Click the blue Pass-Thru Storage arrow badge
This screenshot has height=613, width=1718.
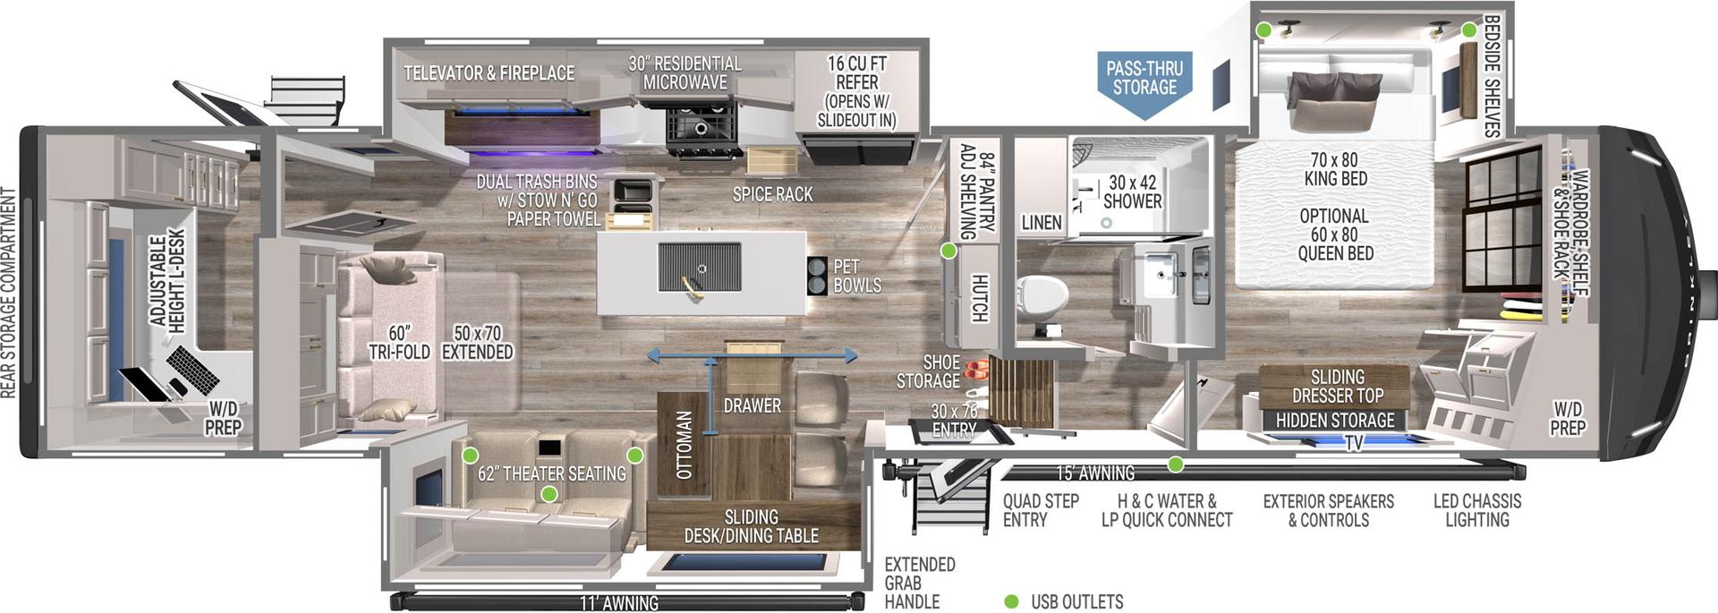click(1144, 81)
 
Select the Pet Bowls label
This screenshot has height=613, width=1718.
click(856, 277)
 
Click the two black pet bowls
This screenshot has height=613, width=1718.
click(817, 276)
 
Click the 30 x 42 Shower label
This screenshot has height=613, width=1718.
click(1132, 192)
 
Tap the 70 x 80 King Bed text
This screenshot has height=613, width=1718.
click(1334, 169)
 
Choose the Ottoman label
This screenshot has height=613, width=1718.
click(685, 445)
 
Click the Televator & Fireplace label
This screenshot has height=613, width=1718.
click(489, 73)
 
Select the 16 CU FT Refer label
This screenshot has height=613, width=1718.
click(856, 91)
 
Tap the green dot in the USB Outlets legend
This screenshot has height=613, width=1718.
click(1011, 601)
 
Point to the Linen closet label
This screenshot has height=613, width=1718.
click(1042, 222)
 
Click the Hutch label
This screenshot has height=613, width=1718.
click(979, 298)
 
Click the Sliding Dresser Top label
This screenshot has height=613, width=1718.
click(1337, 387)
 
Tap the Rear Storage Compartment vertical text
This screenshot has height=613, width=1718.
click(9, 293)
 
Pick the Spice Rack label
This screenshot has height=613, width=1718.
click(772, 194)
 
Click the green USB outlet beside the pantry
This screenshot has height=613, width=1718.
click(948, 251)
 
